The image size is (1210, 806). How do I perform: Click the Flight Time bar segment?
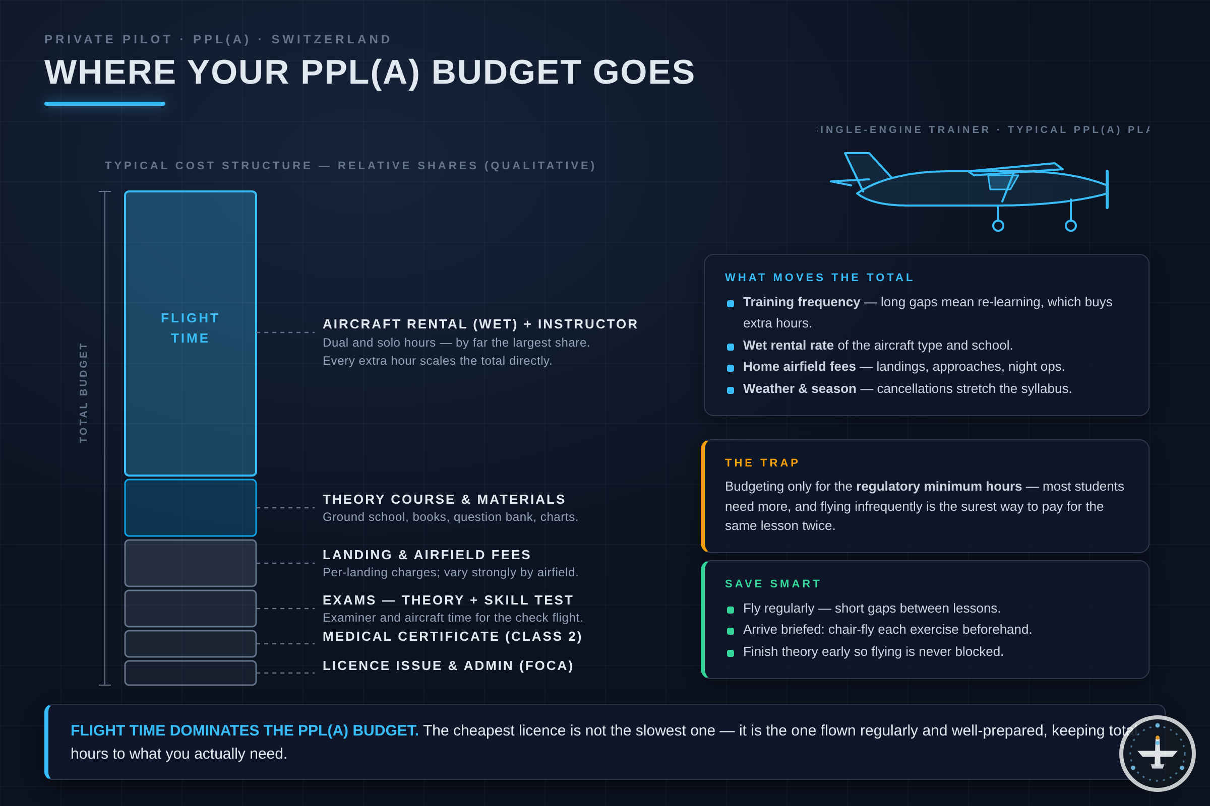191,333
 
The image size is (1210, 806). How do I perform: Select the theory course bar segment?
191,508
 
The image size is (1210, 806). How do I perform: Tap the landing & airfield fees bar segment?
191,563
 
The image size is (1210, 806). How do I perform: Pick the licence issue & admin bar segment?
191,673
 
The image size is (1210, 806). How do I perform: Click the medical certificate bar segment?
191,644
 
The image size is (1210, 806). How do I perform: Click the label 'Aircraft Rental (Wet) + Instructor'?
480,324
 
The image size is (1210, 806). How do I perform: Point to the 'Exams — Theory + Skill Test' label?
448,600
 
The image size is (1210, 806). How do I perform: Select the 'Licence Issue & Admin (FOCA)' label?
448,665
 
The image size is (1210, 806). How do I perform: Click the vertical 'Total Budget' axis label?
83,393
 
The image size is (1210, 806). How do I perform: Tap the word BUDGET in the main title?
506,72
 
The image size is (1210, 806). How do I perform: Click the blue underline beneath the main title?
105,104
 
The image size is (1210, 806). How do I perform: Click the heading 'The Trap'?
762,462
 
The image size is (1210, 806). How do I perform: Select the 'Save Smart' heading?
773,583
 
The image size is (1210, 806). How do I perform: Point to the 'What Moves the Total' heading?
819,278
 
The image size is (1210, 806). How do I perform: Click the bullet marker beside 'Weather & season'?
731,390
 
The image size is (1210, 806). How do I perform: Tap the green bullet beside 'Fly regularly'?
731,610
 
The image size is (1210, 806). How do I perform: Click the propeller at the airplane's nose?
1107,189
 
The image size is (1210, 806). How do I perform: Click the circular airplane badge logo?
1157,754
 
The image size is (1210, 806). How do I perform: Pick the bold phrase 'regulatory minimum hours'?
939,486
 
